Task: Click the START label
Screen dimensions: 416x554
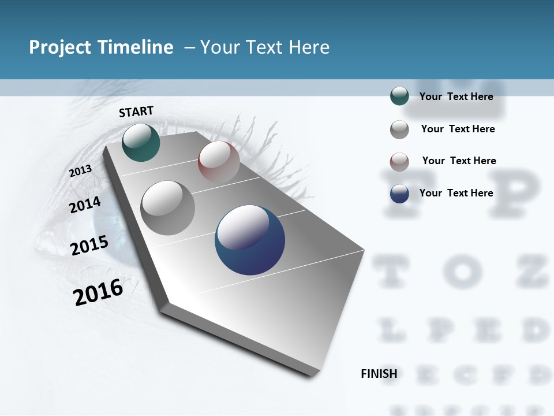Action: click(136, 112)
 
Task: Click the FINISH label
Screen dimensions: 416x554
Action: click(379, 374)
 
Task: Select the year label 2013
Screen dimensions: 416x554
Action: click(81, 170)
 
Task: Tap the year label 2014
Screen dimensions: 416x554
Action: click(85, 205)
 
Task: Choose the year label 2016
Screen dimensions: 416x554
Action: click(98, 292)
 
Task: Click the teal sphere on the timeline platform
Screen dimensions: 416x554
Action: click(141, 142)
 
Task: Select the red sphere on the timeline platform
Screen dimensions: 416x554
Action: click(219, 162)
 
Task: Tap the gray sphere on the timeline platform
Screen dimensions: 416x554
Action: click(168, 207)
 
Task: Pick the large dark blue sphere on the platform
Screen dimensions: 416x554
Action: click(250, 240)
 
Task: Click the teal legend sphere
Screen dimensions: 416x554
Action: click(399, 96)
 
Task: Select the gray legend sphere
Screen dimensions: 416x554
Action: click(399, 129)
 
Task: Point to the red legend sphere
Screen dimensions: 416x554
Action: click(399, 162)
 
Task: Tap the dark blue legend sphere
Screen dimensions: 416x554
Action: click(399, 194)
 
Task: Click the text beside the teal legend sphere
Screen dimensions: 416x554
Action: click(456, 96)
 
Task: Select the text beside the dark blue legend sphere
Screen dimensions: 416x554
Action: click(456, 193)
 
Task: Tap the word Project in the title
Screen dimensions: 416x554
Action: click(57, 47)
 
